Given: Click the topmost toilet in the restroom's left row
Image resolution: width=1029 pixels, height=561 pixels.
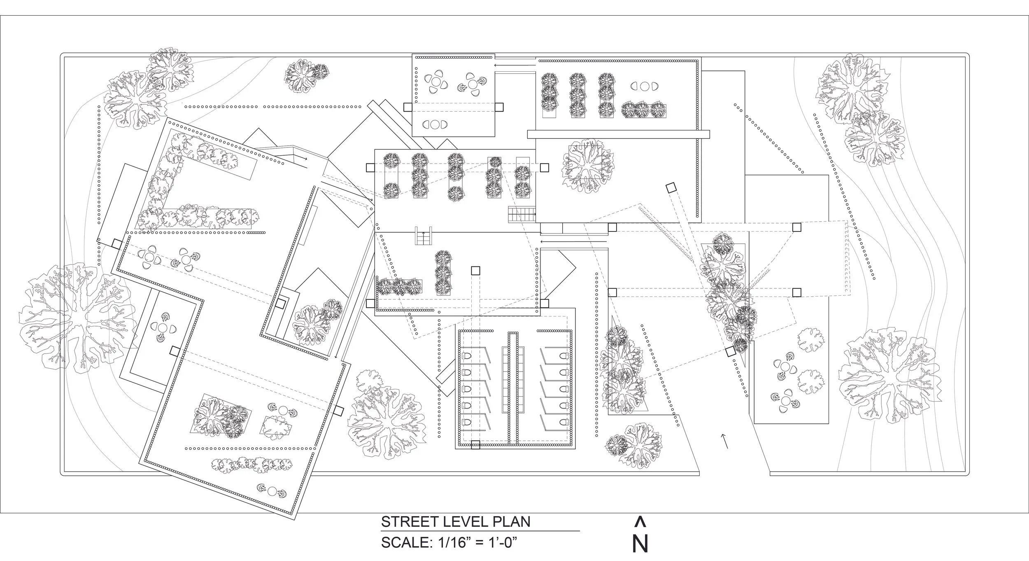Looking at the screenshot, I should [466, 355].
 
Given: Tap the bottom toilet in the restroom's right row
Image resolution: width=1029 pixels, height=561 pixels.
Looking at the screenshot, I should [563, 422].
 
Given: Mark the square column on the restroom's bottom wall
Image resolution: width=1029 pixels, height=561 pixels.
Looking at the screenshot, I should [475, 444].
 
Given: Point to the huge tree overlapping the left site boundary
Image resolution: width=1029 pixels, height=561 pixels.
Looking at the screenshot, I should [76, 316].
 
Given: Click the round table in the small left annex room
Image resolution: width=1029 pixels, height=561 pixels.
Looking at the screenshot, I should [163, 328].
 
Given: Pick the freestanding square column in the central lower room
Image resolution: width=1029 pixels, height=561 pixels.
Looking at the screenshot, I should [475, 271].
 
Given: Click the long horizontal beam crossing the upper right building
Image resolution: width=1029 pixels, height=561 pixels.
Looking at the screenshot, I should [618, 134].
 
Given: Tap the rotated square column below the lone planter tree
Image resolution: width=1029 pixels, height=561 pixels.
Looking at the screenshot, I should [671, 188].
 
